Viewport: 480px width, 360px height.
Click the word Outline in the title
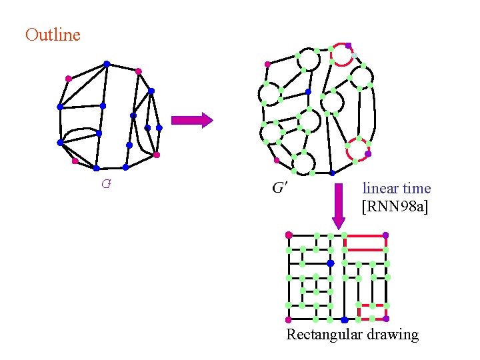point(53,35)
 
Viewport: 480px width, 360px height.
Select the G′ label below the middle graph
point(280,188)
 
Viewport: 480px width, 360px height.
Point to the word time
point(417,189)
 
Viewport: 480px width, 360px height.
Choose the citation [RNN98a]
point(395,207)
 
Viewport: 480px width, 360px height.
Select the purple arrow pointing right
point(192,120)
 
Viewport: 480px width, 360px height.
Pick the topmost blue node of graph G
point(107,64)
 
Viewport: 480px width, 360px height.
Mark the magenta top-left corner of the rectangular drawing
point(289,235)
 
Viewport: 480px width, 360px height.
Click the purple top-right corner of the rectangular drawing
point(386,235)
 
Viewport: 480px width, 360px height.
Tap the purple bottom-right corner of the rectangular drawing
point(386,319)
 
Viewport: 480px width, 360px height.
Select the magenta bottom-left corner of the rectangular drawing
point(289,319)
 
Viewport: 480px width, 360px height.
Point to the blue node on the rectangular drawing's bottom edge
point(344,319)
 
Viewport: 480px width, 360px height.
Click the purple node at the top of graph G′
point(348,45)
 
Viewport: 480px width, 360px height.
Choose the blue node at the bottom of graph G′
point(333,173)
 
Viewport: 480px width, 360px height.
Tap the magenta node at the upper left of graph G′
point(267,65)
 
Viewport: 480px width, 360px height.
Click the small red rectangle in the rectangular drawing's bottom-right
point(372,312)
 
